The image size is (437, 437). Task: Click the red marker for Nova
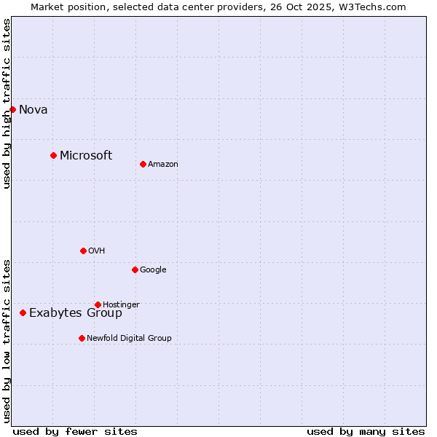click(x=12, y=109)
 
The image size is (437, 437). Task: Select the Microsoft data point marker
click(x=53, y=155)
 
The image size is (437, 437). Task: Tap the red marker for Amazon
click(x=143, y=164)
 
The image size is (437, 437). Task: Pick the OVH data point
click(x=83, y=251)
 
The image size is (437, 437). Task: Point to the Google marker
click(x=135, y=269)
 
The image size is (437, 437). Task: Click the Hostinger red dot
click(x=98, y=304)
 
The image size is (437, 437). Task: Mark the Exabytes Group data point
click(x=23, y=312)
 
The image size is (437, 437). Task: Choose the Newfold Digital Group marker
click(x=82, y=338)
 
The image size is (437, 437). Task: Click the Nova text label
click(x=33, y=110)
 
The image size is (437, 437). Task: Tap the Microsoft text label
click(x=86, y=155)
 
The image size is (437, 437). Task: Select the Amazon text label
click(x=163, y=165)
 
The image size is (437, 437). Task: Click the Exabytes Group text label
click(x=76, y=313)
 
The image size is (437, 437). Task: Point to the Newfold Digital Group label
click(x=129, y=338)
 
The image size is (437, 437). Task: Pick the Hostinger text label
click(x=121, y=304)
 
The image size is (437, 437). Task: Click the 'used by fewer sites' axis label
click(x=75, y=432)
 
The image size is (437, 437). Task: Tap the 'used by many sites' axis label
click(x=366, y=432)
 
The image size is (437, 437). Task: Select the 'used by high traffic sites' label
click(x=7, y=103)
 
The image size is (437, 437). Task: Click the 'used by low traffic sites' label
click(x=7, y=340)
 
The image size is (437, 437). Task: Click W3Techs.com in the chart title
click(x=380, y=7)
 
